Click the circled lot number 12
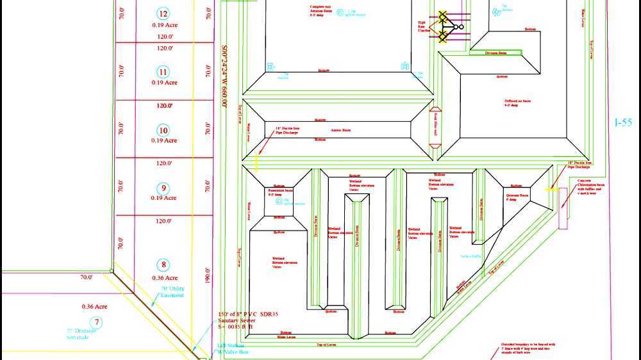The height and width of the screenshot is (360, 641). pyautogui.click(x=163, y=14)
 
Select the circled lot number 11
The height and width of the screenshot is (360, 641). pyautogui.click(x=163, y=72)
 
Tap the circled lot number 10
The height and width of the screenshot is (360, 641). pyautogui.click(x=163, y=130)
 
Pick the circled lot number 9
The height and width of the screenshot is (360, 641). pyautogui.click(x=163, y=188)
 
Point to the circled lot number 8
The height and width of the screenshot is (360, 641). pyautogui.click(x=164, y=265)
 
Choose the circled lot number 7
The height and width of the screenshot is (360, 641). pyautogui.click(x=97, y=322)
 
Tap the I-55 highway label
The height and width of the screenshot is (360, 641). pyautogui.click(x=623, y=122)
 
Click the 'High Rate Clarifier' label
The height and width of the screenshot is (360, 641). pyautogui.click(x=424, y=26)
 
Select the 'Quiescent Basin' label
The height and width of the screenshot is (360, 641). pyautogui.click(x=517, y=196)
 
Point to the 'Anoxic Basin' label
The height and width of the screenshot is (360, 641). pyautogui.click(x=340, y=130)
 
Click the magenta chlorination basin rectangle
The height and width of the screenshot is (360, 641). pyautogui.click(x=563, y=208)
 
